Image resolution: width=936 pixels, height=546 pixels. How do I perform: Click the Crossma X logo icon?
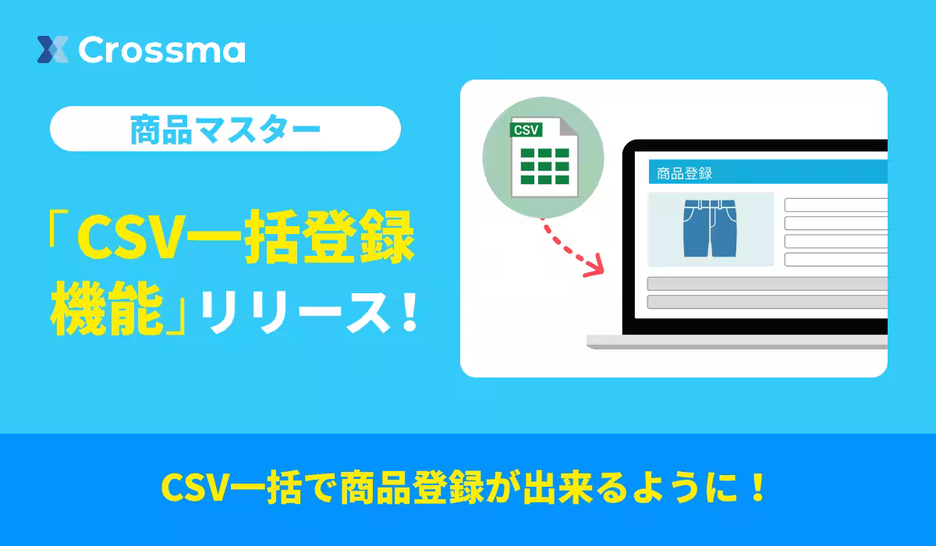[53, 50]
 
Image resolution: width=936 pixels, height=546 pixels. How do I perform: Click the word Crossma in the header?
[161, 50]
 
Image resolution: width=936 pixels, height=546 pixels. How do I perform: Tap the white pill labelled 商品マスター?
[225, 129]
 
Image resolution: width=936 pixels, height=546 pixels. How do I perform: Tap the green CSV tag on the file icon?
[526, 129]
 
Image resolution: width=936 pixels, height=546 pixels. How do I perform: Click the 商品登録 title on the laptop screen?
[685, 173]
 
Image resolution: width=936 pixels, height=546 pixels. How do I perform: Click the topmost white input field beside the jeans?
[835, 205]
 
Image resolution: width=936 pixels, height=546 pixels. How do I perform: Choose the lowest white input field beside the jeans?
[835, 260]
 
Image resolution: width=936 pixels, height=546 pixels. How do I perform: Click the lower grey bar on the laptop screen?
[767, 302]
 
